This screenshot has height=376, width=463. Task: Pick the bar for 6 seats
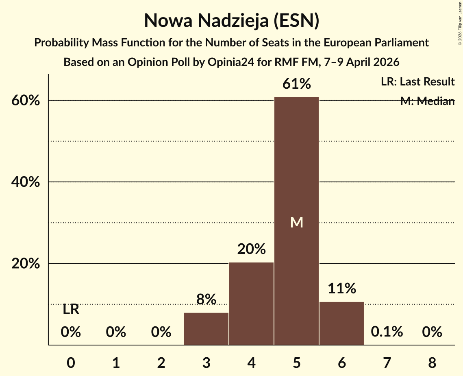341,323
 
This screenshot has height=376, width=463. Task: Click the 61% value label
297,84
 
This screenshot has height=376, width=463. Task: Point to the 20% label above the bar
251,249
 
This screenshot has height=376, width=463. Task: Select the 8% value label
206,299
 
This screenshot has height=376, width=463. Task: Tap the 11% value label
341,289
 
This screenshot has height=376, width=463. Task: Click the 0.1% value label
387,332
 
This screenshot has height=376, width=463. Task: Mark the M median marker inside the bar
297,222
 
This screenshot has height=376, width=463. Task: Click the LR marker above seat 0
71,310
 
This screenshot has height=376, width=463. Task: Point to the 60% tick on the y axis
26,101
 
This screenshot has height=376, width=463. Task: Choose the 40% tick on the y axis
26,182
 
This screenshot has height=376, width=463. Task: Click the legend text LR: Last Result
417,82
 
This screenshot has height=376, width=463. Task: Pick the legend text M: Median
427,101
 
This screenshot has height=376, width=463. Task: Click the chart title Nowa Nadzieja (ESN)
231,21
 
